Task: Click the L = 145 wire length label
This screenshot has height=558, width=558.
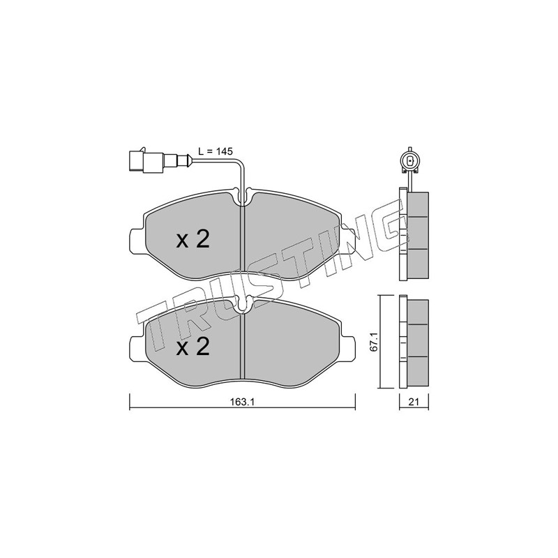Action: coord(216,151)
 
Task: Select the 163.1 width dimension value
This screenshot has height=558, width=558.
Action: coord(243,402)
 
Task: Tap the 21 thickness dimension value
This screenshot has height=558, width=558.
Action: coord(413,402)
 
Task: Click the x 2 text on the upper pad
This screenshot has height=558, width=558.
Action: coord(193,239)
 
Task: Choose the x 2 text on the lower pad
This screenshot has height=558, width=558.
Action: coord(193,346)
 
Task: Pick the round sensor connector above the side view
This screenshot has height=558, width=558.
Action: coord(410,161)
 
